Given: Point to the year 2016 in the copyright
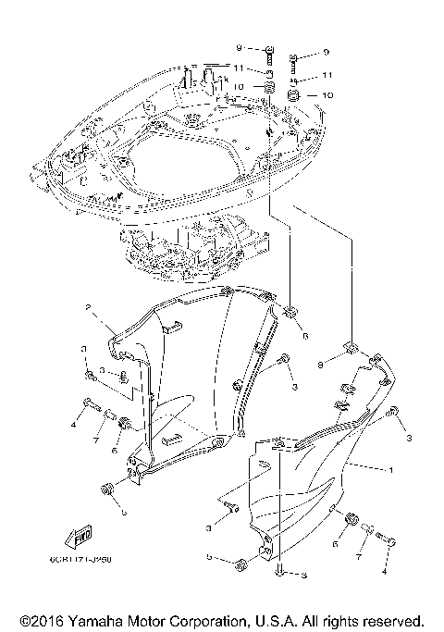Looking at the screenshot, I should (x=52, y=619).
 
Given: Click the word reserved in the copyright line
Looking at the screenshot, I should (x=392, y=619).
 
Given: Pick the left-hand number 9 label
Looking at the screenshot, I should (x=239, y=46).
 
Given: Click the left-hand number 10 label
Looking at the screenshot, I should (x=239, y=87).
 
